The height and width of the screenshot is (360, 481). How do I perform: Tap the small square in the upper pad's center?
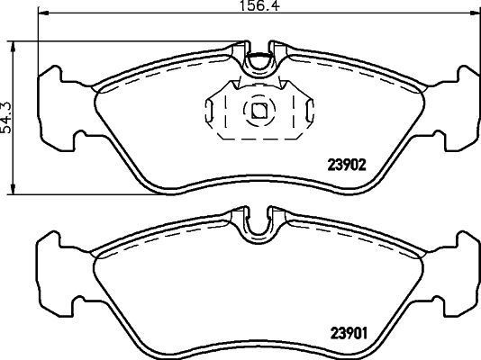click(x=259, y=112)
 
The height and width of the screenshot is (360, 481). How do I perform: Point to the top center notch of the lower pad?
click(x=259, y=220)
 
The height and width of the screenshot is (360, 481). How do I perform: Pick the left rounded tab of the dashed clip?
click(x=210, y=112)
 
